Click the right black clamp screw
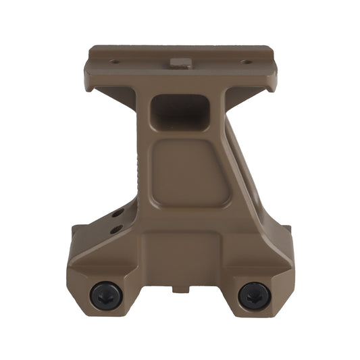coord(254,295)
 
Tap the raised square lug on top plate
coord(179,63)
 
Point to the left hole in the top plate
coord(115,62)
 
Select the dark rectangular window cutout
coord(180,111)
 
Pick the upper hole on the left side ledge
coord(118,213)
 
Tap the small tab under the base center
coord(181,290)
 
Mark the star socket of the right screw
coord(254,295)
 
